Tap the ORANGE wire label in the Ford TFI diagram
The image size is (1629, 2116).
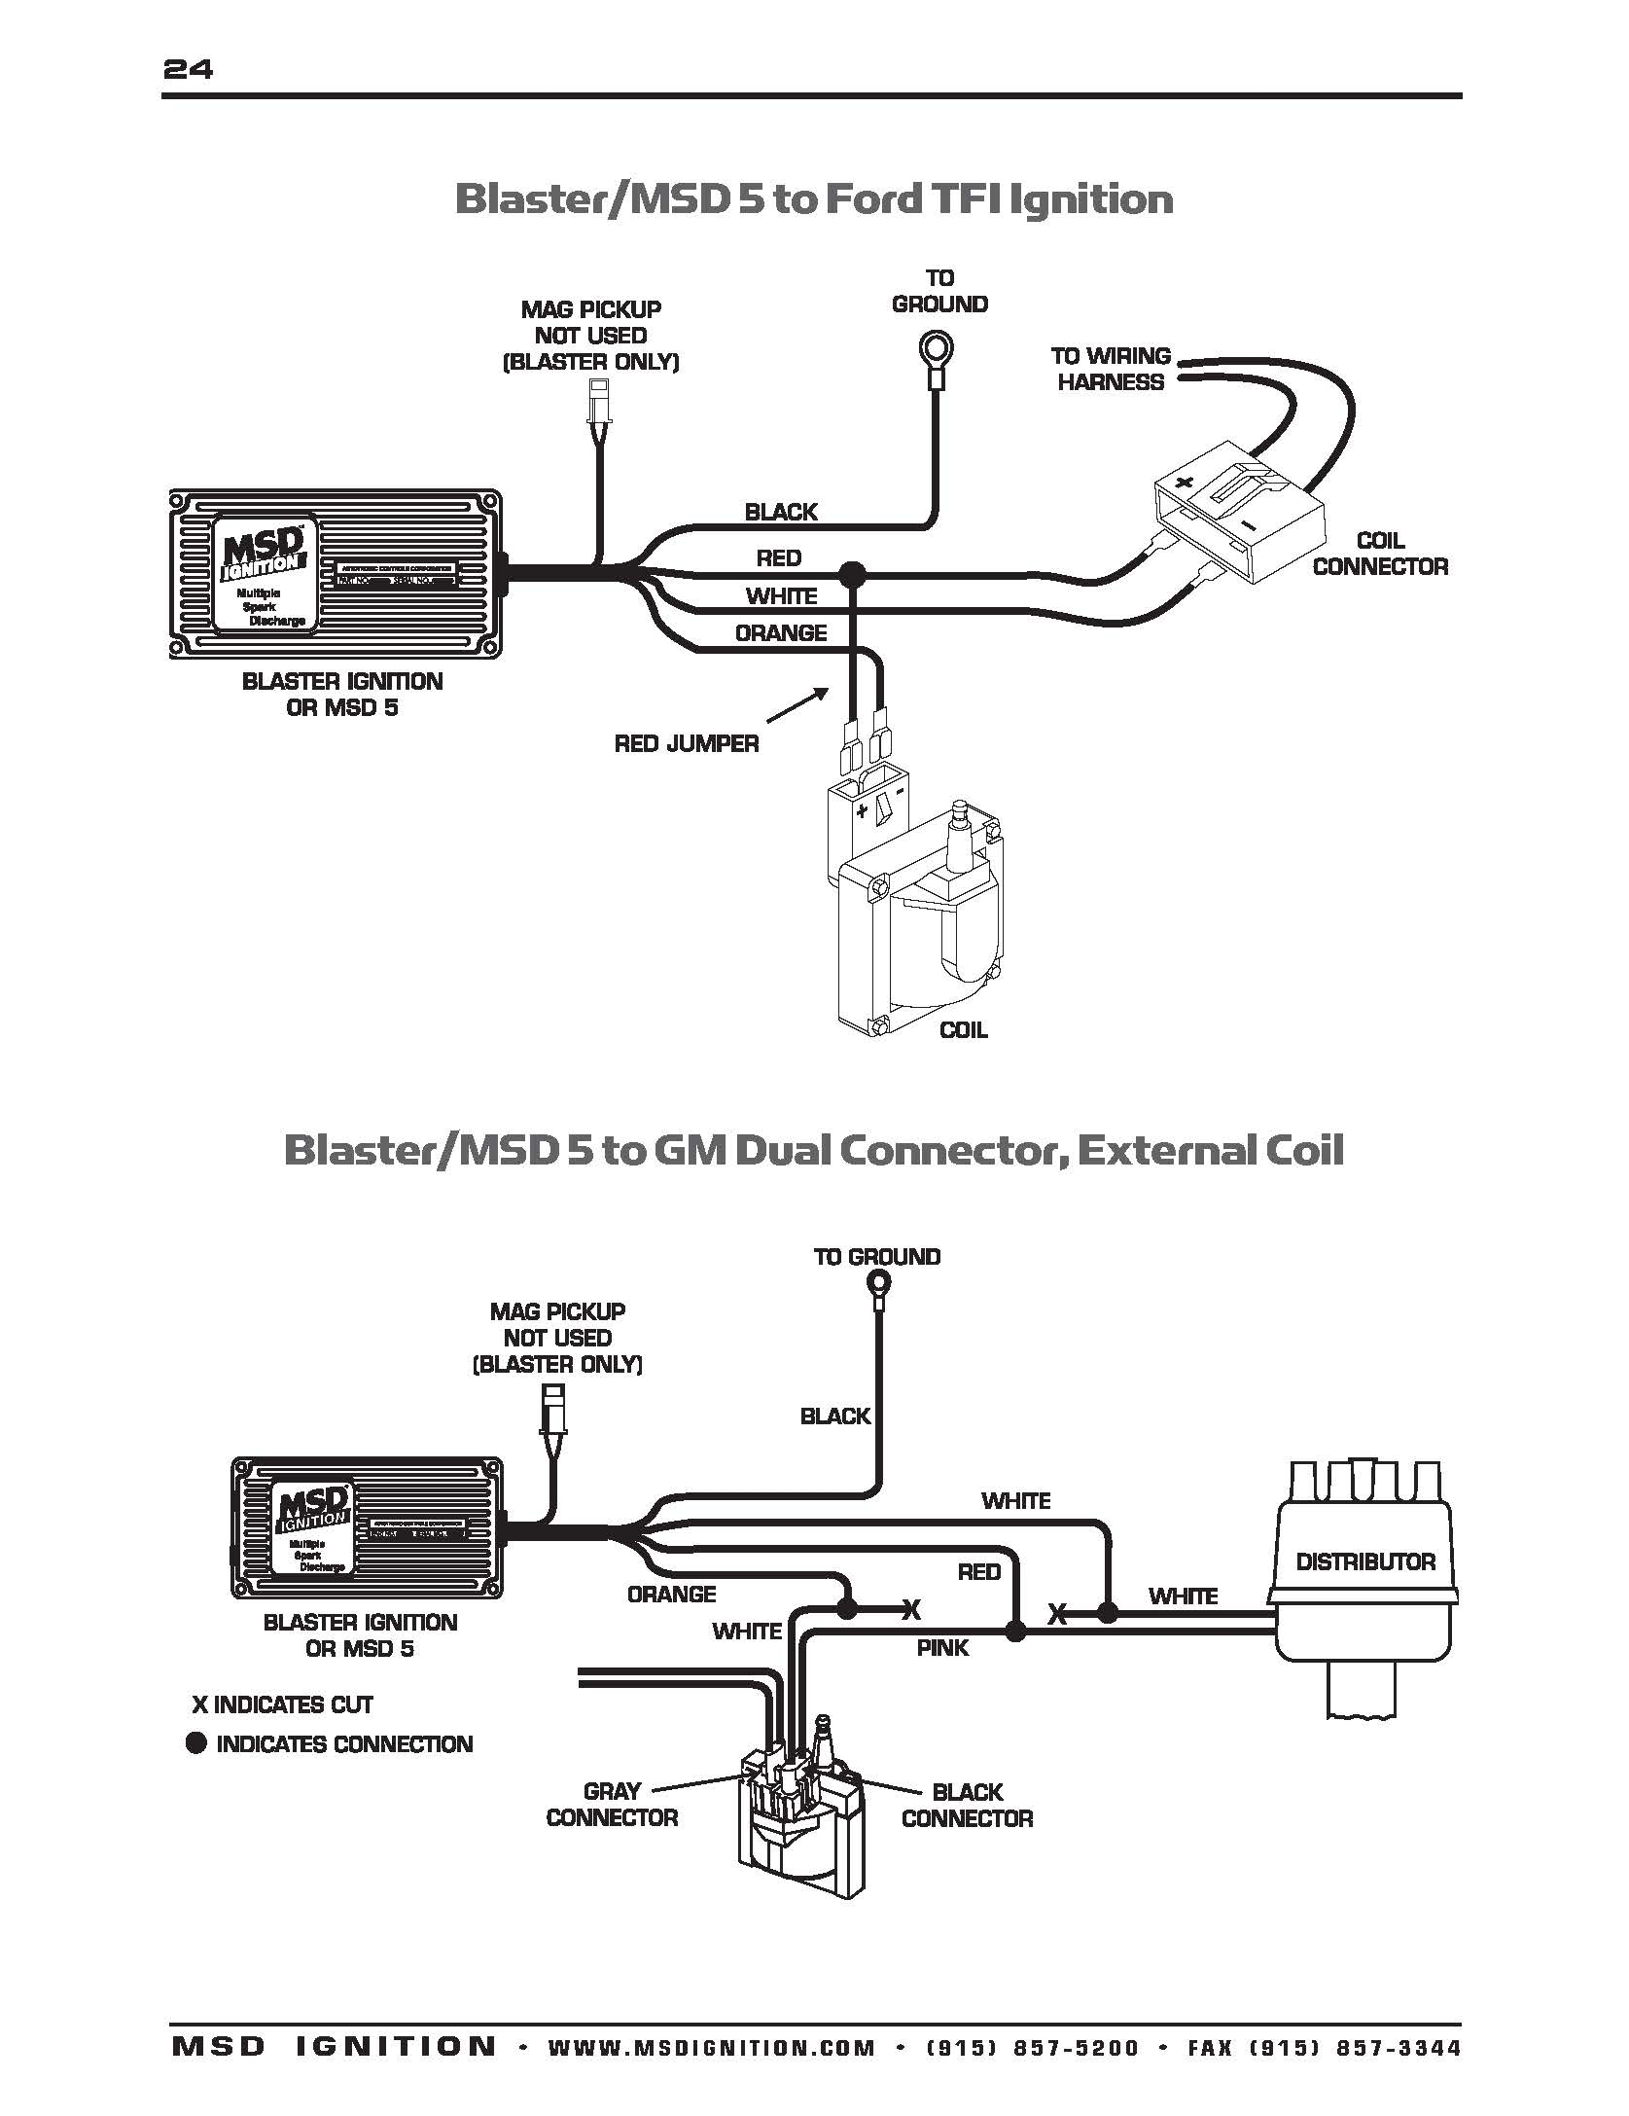tap(780, 633)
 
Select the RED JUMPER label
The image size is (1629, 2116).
tap(686, 744)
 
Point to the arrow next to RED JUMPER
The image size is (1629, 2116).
tap(797, 706)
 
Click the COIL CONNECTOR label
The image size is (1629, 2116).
tap(1379, 554)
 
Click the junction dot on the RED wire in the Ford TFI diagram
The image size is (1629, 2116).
tap(853, 574)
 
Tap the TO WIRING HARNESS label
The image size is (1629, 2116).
tap(1111, 369)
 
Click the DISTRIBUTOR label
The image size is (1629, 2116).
tap(1365, 1561)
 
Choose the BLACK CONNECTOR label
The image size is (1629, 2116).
tap(967, 1805)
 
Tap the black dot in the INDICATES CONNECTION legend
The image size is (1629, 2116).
tap(196, 1743)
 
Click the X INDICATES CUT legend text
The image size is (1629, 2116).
tap(282, 1704)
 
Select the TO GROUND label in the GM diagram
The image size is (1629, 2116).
tap(876, 1256)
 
